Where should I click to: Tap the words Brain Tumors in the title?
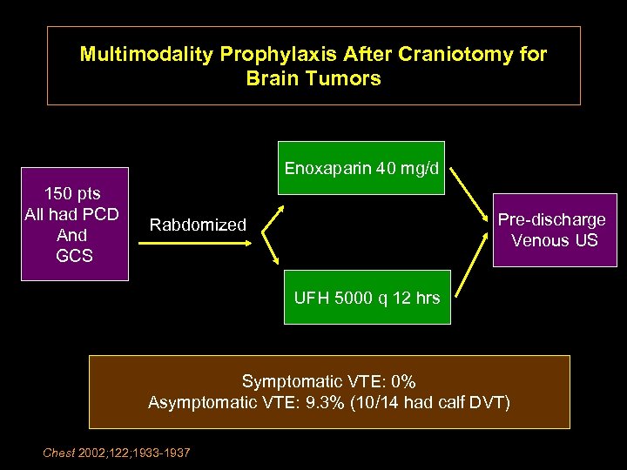(x=313, y=78)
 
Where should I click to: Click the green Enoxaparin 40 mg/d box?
(x=361, y=167)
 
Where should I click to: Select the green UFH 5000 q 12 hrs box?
(x=367, y=298)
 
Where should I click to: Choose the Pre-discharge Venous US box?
(x=555, y=230)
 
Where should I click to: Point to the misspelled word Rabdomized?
(x=198, y=225)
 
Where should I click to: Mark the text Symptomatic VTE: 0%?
(x=328, y=381)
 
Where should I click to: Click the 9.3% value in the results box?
(x=322, y=402)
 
